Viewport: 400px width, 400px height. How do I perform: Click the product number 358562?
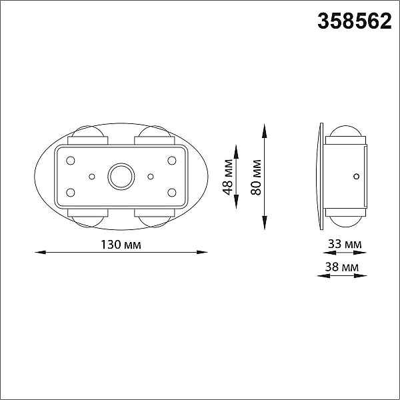click(355, 21)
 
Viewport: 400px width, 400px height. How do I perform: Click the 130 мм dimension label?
click(121, 245)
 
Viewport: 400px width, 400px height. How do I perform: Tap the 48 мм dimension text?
click(227, 177)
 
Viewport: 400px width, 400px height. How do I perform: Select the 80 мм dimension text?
click(256, 177)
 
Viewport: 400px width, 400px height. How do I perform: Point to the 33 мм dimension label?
click(345, 244)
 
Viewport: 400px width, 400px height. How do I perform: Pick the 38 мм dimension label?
click(342, 267)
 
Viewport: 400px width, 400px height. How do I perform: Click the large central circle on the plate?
click(121, 177)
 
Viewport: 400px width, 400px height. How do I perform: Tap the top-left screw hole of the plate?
click(71, 161)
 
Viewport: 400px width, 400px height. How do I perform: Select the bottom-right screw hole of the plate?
click(172, 193)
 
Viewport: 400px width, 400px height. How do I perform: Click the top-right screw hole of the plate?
click(172, 161)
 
